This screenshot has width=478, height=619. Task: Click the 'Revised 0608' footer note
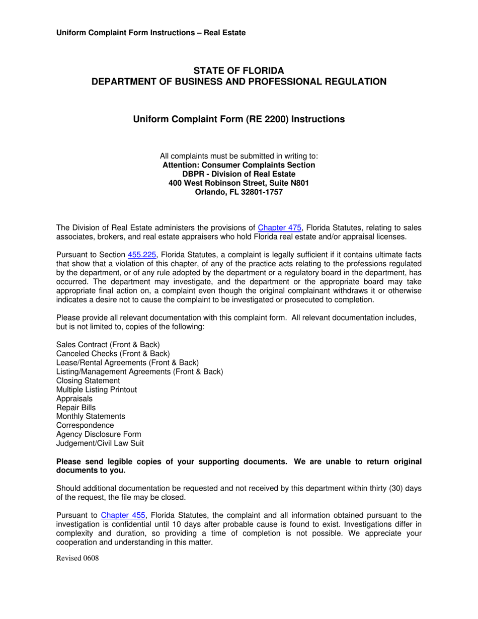(x=77, y=558)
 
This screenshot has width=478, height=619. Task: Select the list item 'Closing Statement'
(x=88, y=381)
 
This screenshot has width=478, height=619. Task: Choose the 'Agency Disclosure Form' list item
(x=99, y=434)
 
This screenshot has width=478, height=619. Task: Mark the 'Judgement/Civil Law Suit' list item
(x=100, y=443)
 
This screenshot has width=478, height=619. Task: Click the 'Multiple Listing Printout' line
(x=97, y=390)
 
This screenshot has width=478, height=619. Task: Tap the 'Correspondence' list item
(x=85, y=425)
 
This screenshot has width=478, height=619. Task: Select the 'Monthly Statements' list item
(x=91, y=417)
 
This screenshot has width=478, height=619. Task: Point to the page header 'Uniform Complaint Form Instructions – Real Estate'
(x=151, y=33)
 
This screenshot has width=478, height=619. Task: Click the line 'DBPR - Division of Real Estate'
(x=238, y=174)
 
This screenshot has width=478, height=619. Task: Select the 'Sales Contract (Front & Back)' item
(x=108, y=345)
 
